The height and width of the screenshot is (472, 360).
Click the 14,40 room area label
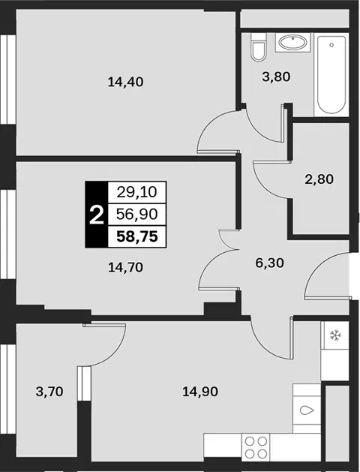pyautogui.click(x=125, y=82)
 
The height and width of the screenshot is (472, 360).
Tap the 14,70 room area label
pyautogui.click(x=125, y=267)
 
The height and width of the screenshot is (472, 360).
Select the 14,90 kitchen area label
pyautogui.click(x=200, y=392)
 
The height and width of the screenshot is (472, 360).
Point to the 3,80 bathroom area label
pyautogui.click(x=276, y=77)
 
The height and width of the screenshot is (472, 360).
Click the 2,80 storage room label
pyautogui.click(x=319, y=179)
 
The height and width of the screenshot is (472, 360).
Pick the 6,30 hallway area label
pyautogui.click(x=270, y=263)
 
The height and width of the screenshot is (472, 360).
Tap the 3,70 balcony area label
pyautogui.click(x=49, y=392)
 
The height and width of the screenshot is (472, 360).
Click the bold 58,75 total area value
pyautogui.click(x=137, y=236)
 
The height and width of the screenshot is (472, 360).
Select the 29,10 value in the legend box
pyautogui.click(x=136, y=192)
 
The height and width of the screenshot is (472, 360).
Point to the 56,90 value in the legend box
pyautogui.click(x=136, y=215)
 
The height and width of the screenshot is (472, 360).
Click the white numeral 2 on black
pyautogui.click(x=97, y=215)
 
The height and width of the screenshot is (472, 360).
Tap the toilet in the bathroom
pyautogui.click(x=258, y=47)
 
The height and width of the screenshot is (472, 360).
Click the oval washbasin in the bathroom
pyautogui.click(x=293, y=43)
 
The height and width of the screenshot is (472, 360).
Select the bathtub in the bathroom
pyautogui.click(x=331, y=74)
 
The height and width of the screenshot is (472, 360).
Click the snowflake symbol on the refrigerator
pyautogui.click(x=334, y=335)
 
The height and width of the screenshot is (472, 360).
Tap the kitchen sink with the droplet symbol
pyautogui.click(x=307, y=408)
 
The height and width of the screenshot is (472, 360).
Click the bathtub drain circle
pyautogui.click(x=331, y=45)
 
